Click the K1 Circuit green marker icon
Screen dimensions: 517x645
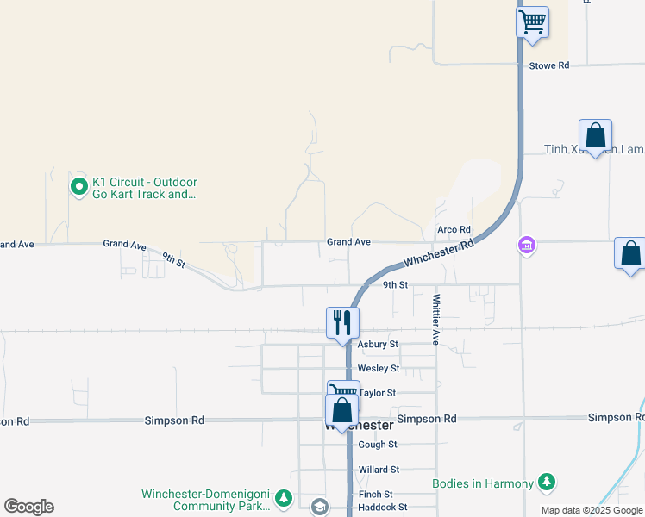click(x=78, y=185)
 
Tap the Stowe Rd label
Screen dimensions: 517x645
click(x=549, y=65)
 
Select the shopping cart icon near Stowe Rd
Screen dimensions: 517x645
click(x=533, y=21)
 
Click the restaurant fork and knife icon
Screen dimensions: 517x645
click(x=342, y=323)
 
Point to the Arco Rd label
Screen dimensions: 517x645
click(x=454, y=230)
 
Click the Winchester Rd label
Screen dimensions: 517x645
click(x=439, y=253)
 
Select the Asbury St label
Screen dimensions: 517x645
click(x=378, y=344)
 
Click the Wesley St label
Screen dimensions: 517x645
click(x=379, y=368)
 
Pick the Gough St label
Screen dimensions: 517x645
click(x=378, y=445)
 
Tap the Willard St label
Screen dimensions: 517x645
click(x=379, y=470)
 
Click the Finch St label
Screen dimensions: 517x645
click(x=376, y=495)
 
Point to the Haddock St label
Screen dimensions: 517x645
click(x=383, y=508)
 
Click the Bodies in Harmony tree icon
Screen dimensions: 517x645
click(x=546, y=483)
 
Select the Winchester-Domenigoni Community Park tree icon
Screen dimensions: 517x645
click(x=285, y=499)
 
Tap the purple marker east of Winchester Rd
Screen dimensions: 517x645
click(x=526, y=246)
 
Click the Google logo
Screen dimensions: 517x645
click(x=28, y=507)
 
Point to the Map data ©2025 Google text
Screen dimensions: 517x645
click(x=592, y=511)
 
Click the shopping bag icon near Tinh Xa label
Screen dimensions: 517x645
click(x=595, y=136)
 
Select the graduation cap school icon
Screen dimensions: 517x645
click(x=320, y=507)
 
